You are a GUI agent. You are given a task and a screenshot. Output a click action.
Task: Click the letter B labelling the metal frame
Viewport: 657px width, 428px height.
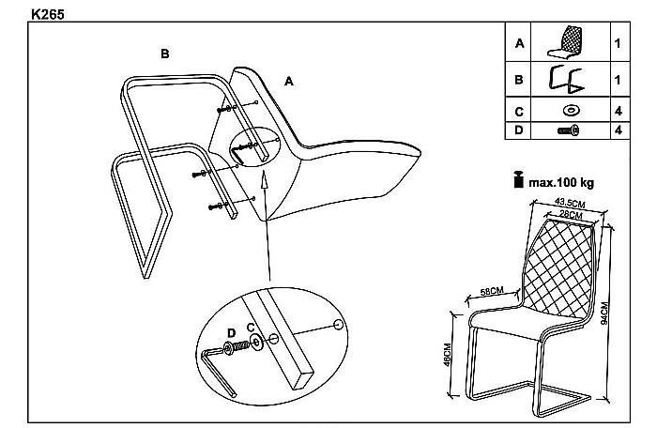point(164,53)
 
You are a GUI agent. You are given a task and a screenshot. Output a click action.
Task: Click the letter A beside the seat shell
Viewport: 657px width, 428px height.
point(289,82)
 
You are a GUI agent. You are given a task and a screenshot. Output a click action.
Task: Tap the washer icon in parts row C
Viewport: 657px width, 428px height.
point(570,111)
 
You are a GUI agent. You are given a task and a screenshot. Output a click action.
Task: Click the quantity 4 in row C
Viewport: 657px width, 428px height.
point(619,111)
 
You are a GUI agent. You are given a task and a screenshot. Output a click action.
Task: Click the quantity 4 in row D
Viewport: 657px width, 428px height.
point(619,130)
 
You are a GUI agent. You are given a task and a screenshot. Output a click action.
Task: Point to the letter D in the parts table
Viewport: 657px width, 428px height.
point(519,130)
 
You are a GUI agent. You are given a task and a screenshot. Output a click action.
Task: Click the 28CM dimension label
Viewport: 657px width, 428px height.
point(572,215)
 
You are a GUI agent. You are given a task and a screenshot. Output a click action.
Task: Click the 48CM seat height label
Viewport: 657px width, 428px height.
point(449,356)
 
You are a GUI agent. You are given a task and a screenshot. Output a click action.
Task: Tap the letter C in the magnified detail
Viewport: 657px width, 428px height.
point(251,327)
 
